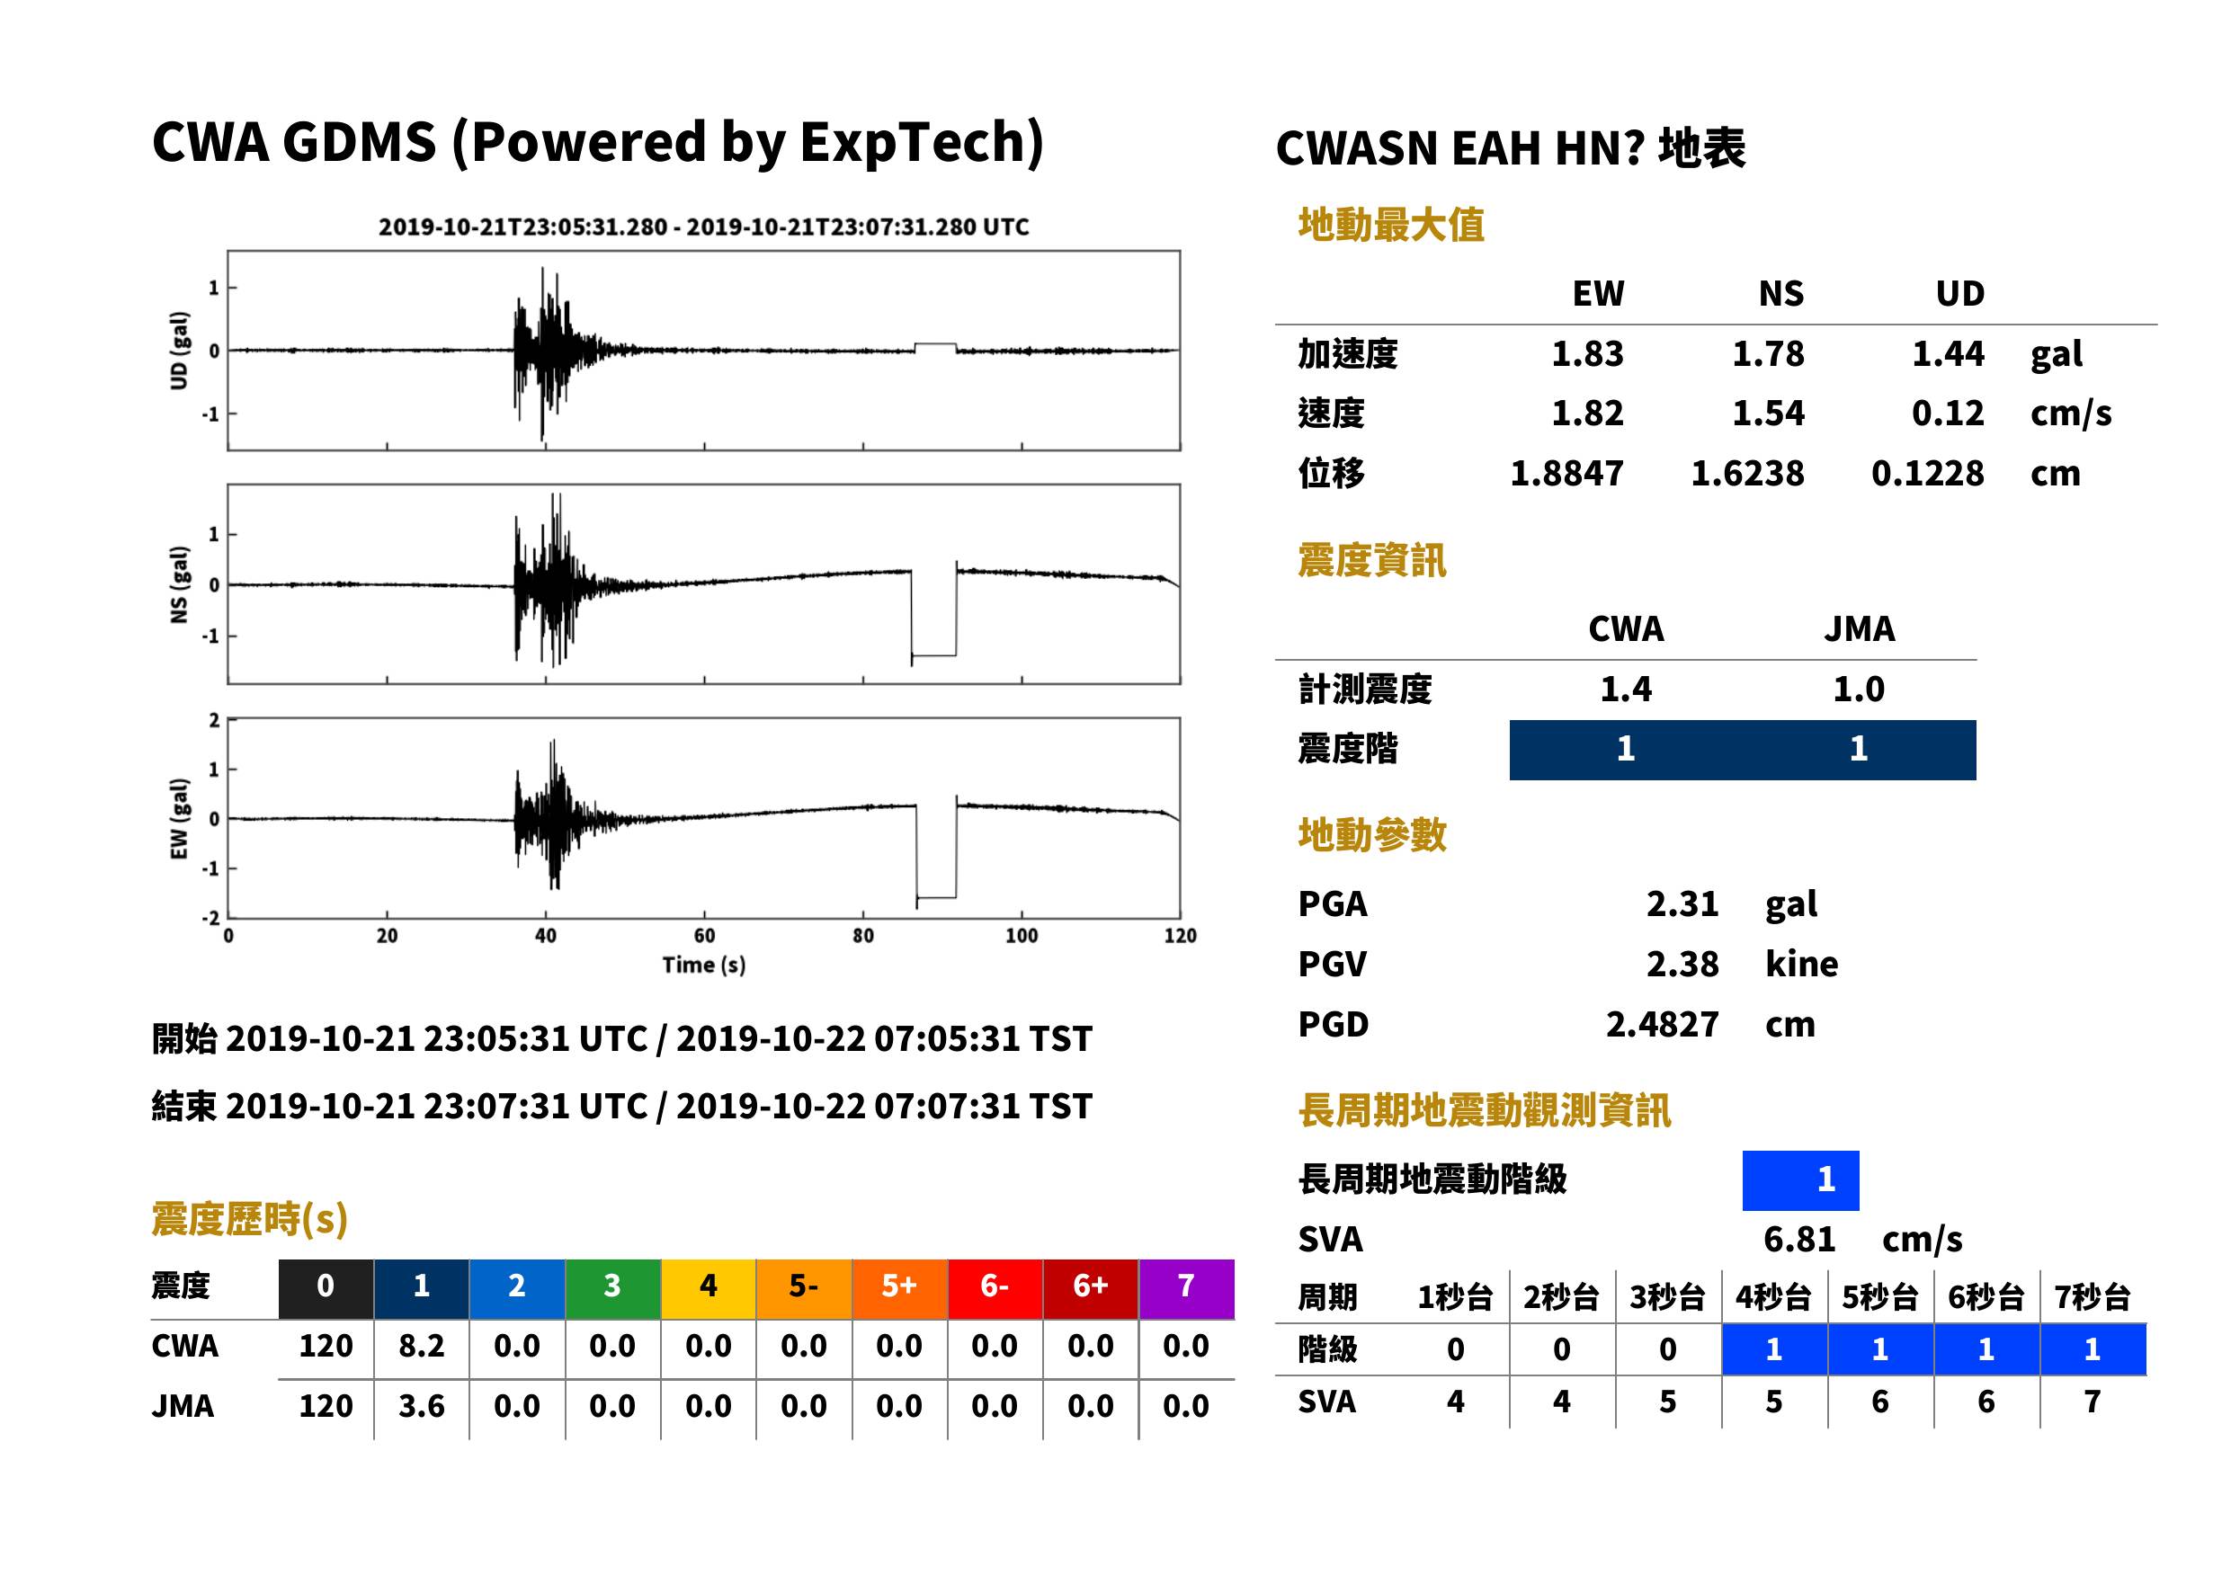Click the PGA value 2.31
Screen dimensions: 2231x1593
[x=1682, y=903]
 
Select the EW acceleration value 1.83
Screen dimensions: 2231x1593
[x=1586, y=353]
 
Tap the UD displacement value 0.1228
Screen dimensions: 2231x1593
[x=1927, y=473]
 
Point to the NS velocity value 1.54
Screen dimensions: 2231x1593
[x=1767, y=413]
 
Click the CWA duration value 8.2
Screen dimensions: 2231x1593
[x=421, y=1346]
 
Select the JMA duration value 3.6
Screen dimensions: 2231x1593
[x=421, y=1406]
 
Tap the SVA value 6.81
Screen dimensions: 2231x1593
[x=1798, y=1239]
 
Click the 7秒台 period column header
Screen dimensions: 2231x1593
[x=2092, y=1296]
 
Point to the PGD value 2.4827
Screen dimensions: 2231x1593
[x=1662, y=1024]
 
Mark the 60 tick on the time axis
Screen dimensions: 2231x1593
[x=704, y=936]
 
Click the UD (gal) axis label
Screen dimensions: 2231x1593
[x=179, y=351]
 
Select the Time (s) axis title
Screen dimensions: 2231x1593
[x=703, y=966]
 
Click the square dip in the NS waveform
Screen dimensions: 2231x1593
[x=934, y=654]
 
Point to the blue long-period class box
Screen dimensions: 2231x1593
[x=1800, y=1180]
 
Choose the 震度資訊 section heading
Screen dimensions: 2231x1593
[x=1371, y=560]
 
